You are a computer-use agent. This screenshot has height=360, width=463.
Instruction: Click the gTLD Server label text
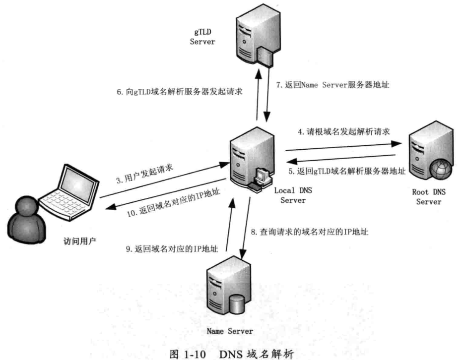pos(202,37)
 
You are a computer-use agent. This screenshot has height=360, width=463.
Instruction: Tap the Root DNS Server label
pos(428,197)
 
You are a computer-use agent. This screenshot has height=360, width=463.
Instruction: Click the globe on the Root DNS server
pos(441,170)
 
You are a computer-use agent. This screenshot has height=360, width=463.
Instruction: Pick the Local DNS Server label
pos(293,195)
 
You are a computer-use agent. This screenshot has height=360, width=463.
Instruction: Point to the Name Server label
pos(230,331)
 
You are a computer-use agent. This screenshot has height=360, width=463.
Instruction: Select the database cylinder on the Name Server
pos(237,304)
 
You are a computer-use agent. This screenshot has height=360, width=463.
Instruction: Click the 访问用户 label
pos(79,241)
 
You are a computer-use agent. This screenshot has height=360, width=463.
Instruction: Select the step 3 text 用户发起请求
pos(144,174)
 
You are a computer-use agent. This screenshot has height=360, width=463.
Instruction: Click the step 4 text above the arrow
pos(344,131)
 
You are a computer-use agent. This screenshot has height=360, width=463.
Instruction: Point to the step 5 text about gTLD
pos(347,171)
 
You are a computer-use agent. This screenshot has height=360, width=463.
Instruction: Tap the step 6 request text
pos(180,92)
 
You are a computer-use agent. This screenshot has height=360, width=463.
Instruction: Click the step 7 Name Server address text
pos(332,85)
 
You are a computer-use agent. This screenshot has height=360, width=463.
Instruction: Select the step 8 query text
pos(310,232)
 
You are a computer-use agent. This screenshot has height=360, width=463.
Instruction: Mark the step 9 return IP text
pos(172,249)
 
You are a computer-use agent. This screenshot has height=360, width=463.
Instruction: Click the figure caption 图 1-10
pos(188,354)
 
